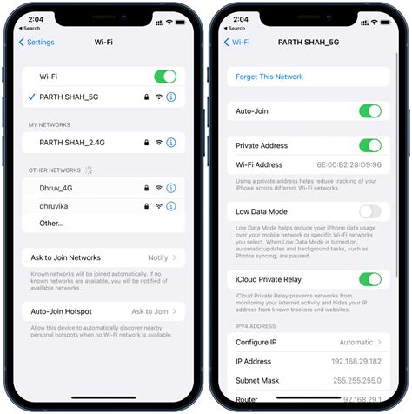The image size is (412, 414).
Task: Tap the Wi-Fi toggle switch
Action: [165, 77]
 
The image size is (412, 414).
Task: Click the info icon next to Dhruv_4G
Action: [171, 188]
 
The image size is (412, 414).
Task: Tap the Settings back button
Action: [37, 42]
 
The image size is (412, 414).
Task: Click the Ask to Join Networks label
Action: [66, 257]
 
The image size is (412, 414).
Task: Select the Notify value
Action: [157, 257]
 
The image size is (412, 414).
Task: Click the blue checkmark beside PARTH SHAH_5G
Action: [30, 97]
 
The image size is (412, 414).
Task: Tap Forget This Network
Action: [269, 77]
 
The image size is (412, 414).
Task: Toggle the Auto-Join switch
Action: [370, 111]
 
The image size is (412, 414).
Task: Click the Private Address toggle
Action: [370, 145]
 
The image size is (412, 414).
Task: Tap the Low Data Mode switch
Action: [370, 211]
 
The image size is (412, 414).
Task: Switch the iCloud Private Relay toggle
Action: [370, 279]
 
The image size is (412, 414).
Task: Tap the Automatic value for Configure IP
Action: [356, 343]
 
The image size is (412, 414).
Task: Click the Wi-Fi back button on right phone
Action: [238, 42]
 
